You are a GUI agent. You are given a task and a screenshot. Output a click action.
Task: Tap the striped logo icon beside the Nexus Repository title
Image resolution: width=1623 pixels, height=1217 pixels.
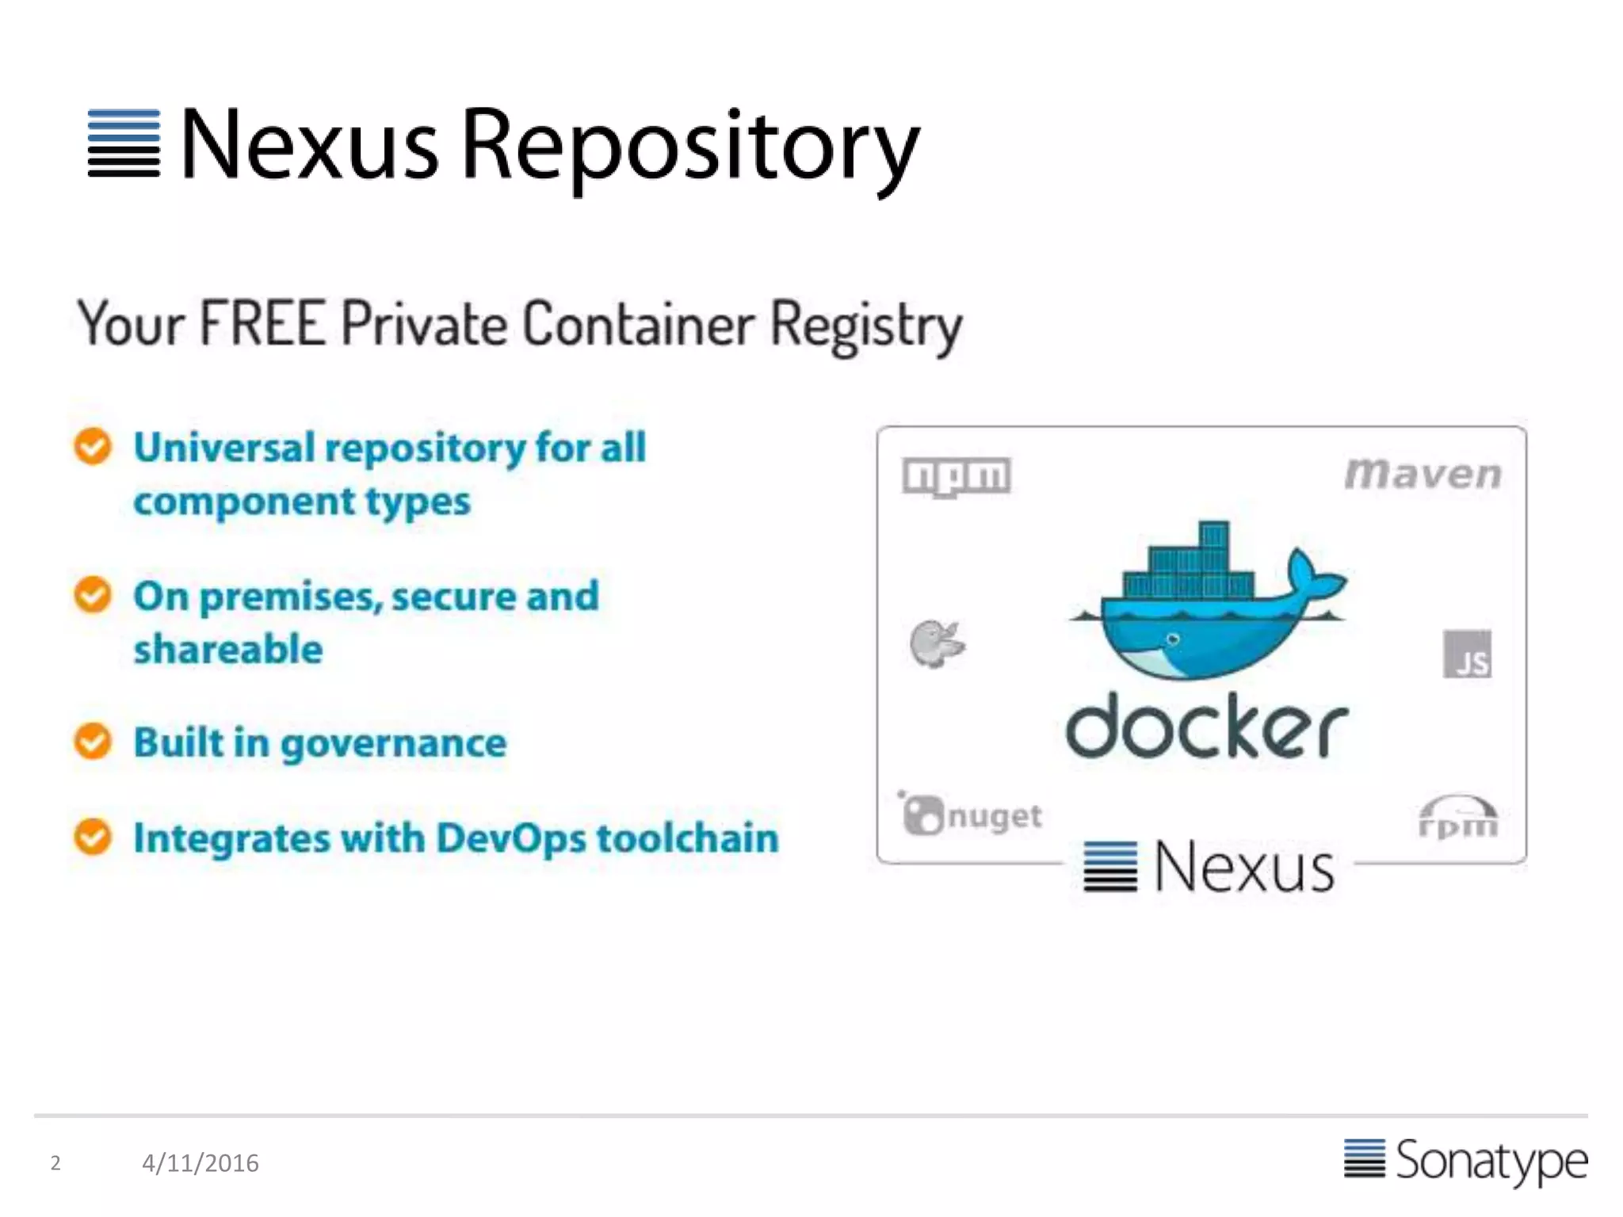pos(124,143)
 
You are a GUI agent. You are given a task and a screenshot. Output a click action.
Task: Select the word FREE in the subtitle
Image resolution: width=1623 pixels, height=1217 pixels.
pos(263,323)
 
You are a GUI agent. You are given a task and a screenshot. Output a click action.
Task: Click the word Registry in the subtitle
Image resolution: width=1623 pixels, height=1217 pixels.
pos(865,325)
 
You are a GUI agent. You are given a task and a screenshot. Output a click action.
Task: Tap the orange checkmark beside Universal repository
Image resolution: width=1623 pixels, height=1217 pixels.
pos(93,446)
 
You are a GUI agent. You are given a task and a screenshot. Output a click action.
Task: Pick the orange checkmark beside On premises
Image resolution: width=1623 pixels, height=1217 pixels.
pos(93,594)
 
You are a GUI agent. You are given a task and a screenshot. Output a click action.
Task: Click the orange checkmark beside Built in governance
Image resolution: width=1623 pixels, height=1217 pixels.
pos(93,742)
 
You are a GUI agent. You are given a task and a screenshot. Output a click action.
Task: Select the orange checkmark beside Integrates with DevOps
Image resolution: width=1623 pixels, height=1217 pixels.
pos(93,837)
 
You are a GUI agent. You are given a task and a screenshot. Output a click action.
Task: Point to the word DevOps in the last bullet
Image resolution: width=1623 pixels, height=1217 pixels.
pos(511,838)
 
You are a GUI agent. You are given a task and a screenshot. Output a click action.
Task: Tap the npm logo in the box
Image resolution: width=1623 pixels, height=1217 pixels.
pos(957,476)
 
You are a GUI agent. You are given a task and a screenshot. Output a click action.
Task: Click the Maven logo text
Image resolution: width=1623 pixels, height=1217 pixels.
pos(1423,474)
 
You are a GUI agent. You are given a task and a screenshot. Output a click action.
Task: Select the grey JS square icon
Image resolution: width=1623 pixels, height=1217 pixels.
pos(1467,654)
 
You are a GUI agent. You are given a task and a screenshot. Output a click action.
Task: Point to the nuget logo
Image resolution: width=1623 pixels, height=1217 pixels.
pos(972,814)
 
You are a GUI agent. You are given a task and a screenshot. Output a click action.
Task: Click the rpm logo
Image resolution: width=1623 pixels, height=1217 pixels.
pos(1457,818)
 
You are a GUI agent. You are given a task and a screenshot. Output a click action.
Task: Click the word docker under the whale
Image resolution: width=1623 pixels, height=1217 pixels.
pos(1206,727)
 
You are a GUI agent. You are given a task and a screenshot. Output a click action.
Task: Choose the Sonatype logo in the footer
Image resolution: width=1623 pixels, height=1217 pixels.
pos(1466,1161)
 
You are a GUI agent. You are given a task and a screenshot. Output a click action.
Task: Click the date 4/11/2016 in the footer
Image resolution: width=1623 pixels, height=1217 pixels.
pos(200,1163)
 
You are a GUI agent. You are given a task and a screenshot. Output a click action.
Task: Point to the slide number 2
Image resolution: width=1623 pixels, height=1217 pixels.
pos(55,1163)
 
